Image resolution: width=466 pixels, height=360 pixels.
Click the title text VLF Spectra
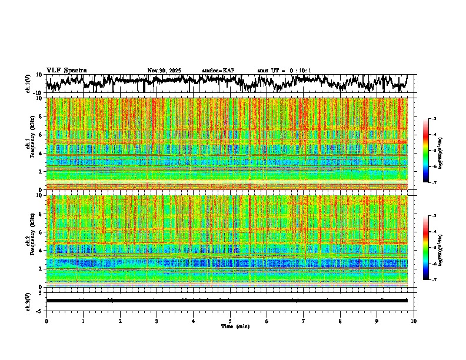[x=66, y=71]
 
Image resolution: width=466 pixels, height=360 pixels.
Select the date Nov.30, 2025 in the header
[x=164, y=71]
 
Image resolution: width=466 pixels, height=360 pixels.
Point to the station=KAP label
[x=218, y=71]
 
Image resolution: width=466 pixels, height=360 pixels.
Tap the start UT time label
[x=284, y=71]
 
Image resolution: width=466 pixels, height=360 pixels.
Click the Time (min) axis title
[x=235, y=326]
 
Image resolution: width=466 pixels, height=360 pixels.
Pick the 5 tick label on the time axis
[x=230, y=321]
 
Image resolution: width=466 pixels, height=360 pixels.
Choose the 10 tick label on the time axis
[x=414, y=321]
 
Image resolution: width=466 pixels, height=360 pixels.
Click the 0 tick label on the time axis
[x=46, y=321]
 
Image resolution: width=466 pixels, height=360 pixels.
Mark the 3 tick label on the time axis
[x=157, y=321]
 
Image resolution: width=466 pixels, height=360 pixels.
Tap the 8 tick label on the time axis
[x=340, y=321]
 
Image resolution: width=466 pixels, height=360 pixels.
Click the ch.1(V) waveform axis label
[x=28, y=84]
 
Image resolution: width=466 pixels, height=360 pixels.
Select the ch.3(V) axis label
[x=28, y=301]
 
